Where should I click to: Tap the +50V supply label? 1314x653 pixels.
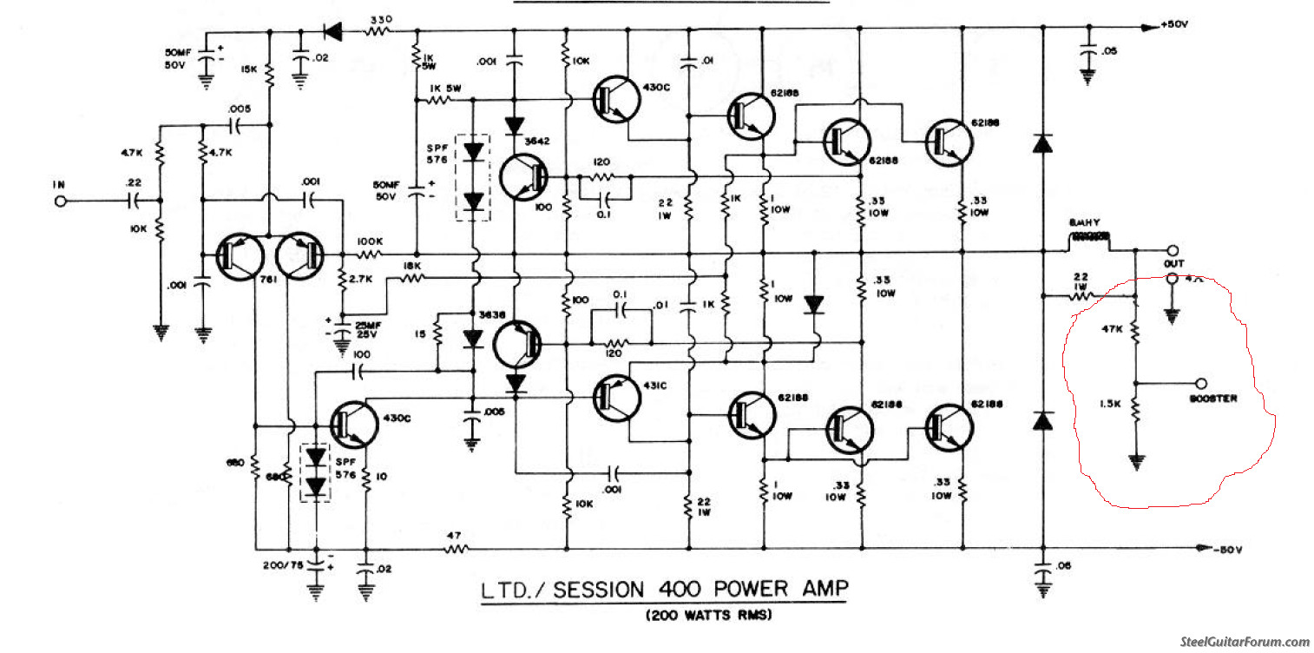coord(1177,24)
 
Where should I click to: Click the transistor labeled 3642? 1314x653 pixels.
coord(523,177)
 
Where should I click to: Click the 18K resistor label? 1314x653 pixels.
coord(411,266)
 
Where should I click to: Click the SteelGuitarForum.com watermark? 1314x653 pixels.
coord(1245,642)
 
